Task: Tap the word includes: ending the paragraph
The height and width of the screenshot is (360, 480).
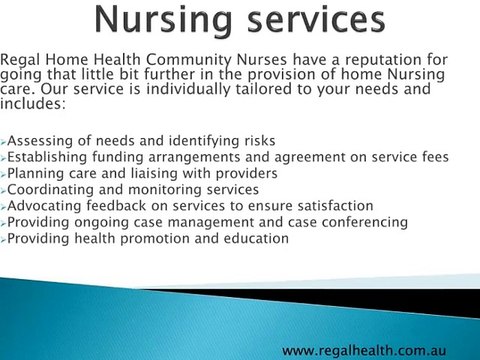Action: pos(33,103)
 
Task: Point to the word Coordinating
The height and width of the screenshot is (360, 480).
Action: pos(50,190)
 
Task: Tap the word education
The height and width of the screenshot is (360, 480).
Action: pos(254,239)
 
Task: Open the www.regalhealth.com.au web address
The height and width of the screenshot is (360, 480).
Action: pos(363,350)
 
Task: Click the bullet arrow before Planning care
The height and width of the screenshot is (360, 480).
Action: pos(4,174)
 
